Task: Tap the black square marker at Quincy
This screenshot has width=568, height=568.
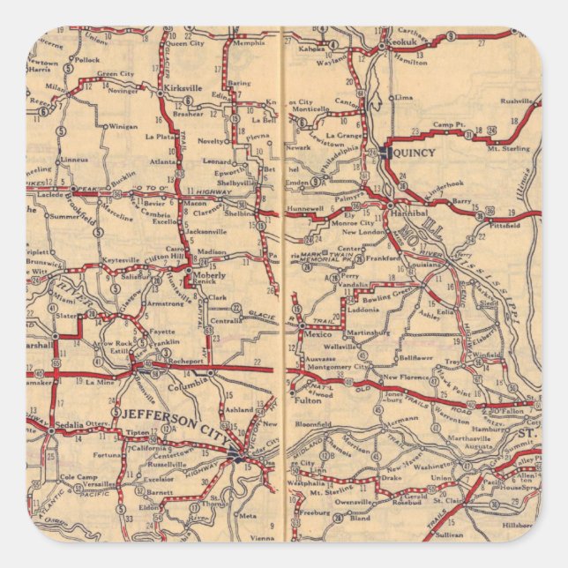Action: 386,153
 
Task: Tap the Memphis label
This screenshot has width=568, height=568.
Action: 249,42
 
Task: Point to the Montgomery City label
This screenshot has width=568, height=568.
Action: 338,366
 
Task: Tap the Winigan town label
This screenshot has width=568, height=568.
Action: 123,126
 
